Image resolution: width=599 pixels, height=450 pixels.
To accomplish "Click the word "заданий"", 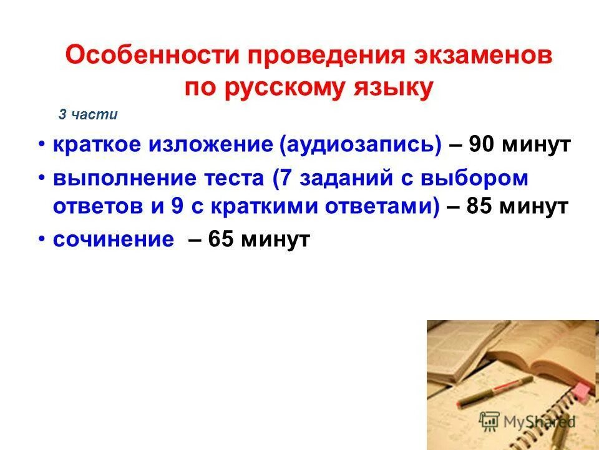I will tap(344, 178).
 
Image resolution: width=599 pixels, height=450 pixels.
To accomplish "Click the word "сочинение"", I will tap(113, 239).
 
